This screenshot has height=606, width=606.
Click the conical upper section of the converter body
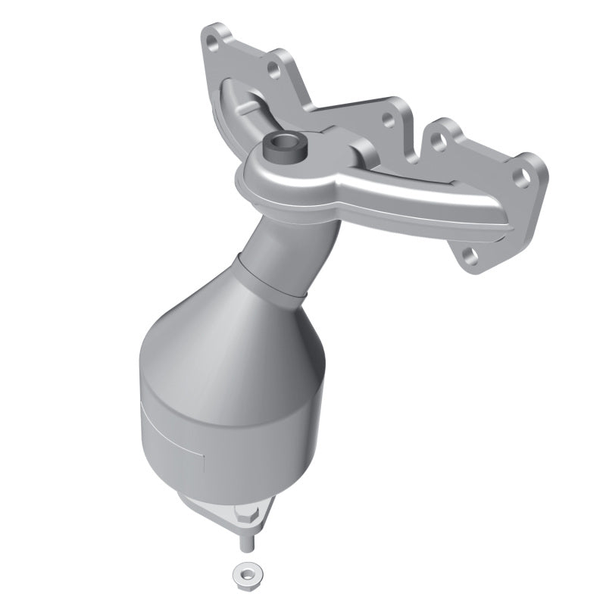click(x=242, y=333)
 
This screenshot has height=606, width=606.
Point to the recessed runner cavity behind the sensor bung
click(x=250, y=102)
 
